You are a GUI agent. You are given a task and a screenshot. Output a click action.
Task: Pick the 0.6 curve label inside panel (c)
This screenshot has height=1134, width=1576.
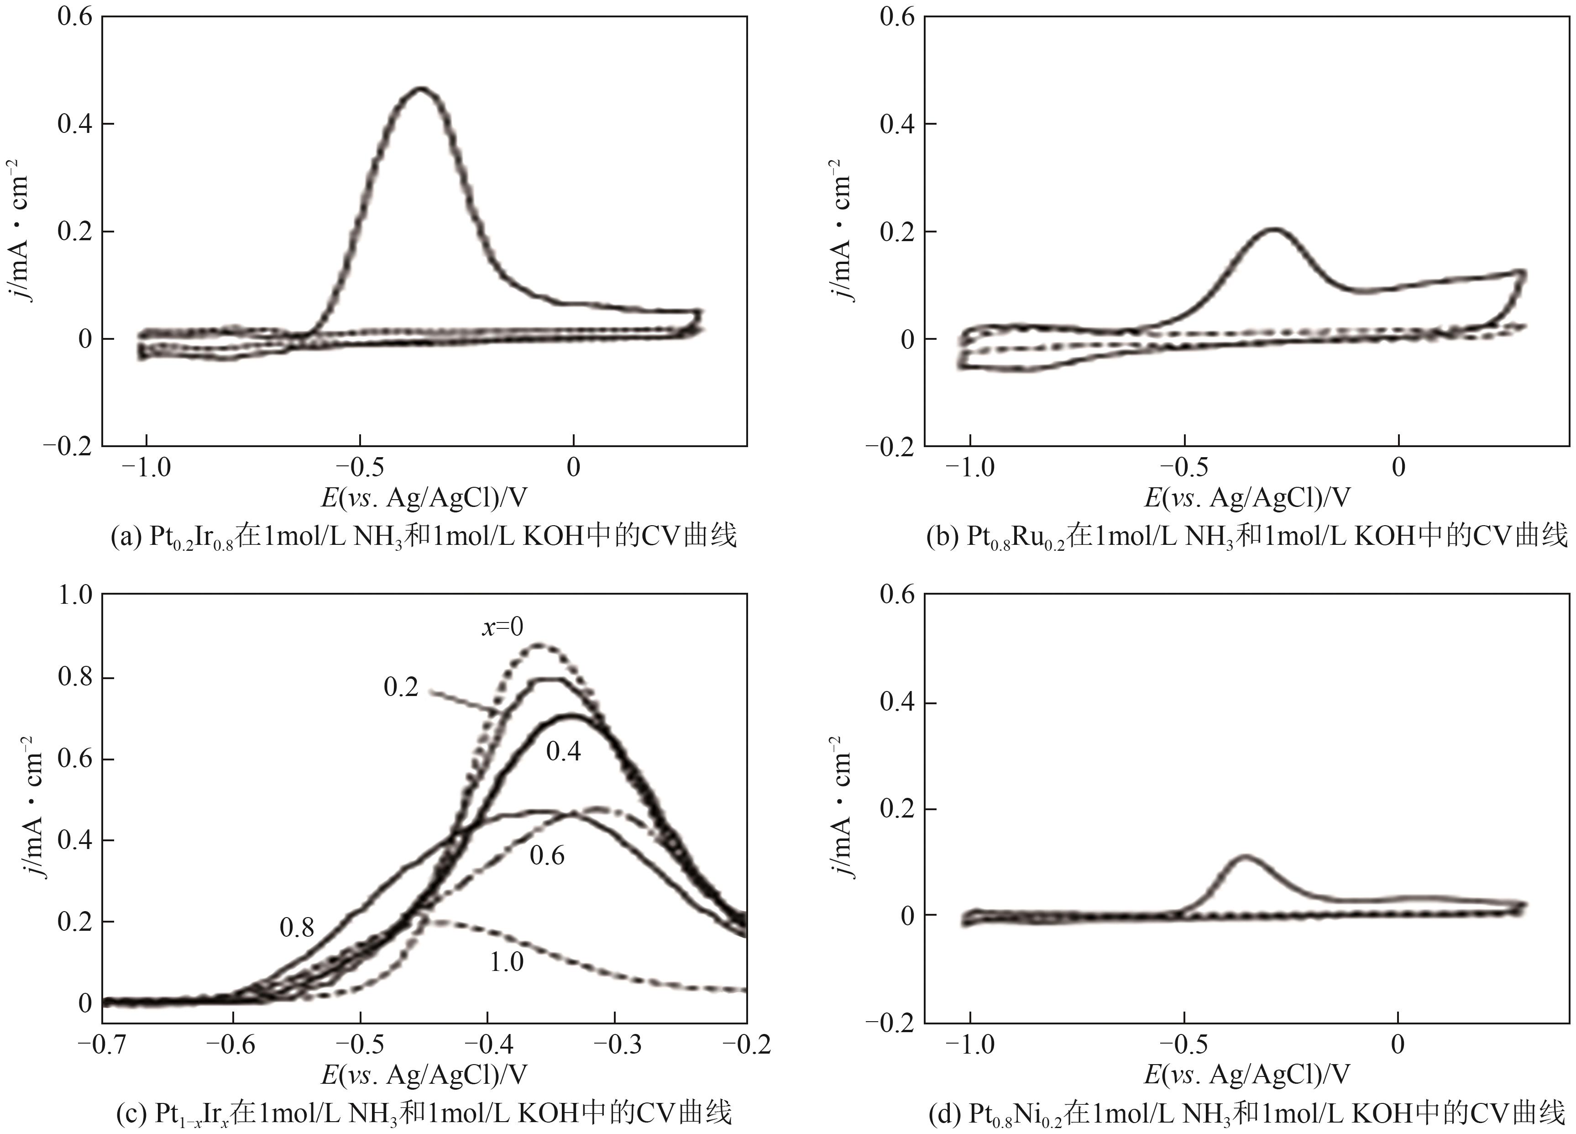click(x=547, y=856)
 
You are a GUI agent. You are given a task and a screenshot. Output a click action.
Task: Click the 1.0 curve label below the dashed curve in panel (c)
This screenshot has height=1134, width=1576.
click(x=507, y=962)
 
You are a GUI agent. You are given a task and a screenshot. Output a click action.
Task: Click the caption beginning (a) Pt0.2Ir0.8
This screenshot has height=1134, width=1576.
click(x=424, y=537)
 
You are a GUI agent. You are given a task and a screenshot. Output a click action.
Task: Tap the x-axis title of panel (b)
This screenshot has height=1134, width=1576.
click(x=1247, y=498)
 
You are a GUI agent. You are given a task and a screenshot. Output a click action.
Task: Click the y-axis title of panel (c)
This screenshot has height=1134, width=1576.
click(x=31, y=807)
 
